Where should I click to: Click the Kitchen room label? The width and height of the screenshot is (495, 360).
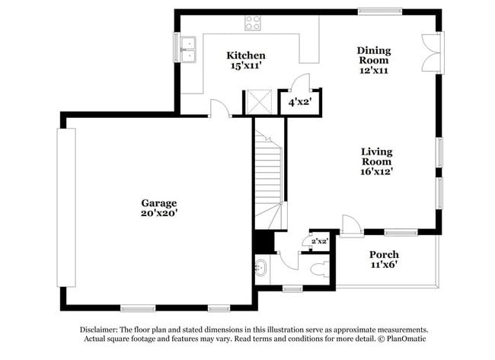247,56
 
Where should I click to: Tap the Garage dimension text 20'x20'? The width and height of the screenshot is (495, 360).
158,214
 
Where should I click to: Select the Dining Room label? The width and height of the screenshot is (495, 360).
374,55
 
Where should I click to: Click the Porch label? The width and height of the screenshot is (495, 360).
384,254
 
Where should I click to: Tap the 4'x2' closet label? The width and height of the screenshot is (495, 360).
299,100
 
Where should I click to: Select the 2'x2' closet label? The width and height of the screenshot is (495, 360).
319,241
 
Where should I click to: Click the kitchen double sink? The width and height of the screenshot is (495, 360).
187,48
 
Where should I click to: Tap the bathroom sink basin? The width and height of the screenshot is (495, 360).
262,268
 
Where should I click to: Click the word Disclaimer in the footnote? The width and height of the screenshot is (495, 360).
104,330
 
